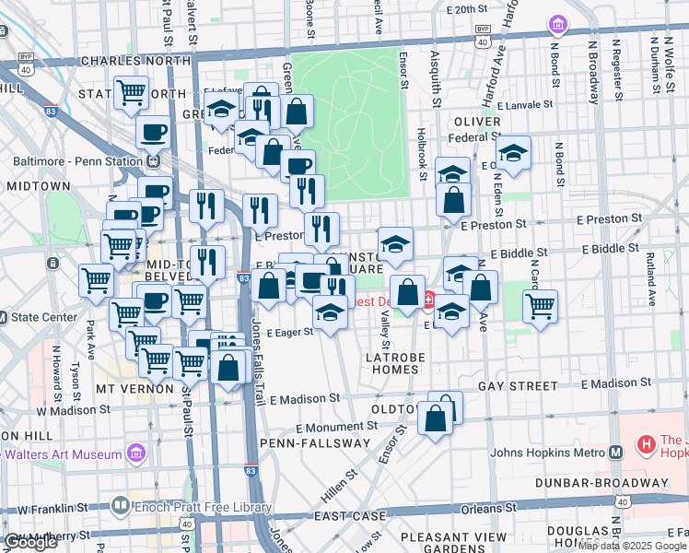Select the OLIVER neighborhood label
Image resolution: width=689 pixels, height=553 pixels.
pos(476,122)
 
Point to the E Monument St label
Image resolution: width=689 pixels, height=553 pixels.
pos(337,427)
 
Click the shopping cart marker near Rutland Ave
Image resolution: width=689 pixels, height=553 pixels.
pos(541,305)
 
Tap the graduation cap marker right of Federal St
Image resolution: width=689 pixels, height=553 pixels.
pos(514,151)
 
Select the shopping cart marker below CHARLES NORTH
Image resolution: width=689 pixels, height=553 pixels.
pos(132,91)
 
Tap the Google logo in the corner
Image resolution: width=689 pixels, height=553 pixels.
pos(30,542)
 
